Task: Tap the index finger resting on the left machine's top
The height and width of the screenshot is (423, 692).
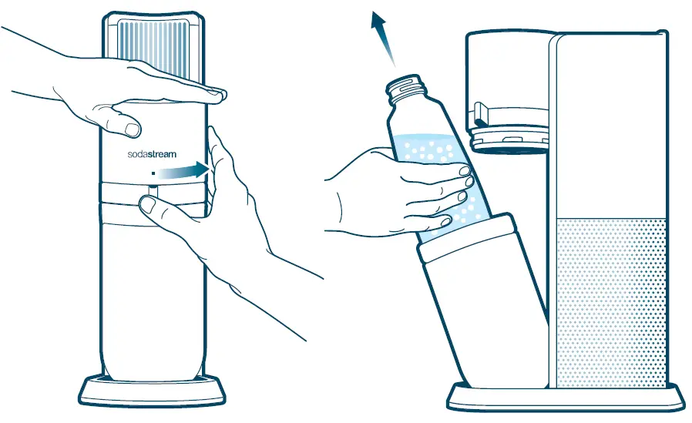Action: (177, 91)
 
